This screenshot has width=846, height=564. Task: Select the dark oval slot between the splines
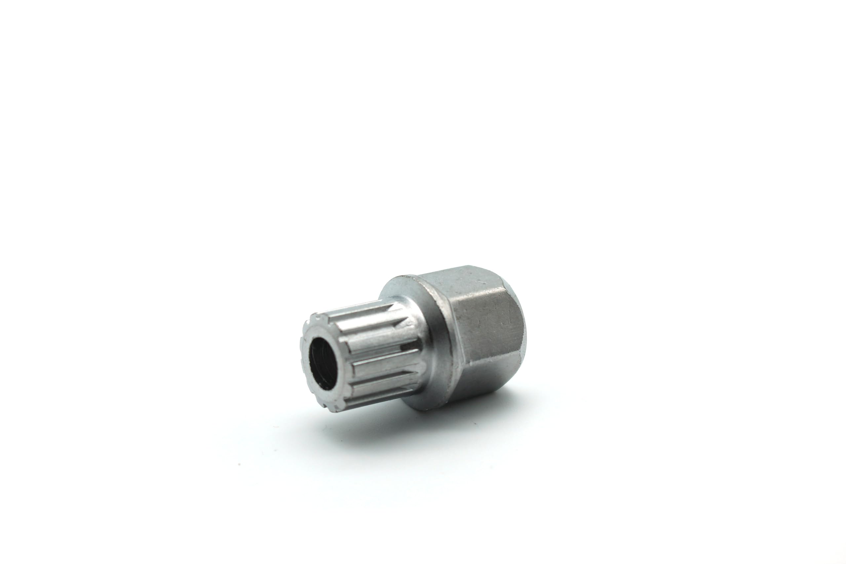(x=410, y=347)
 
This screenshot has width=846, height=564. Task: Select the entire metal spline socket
(x=414, y=342)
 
